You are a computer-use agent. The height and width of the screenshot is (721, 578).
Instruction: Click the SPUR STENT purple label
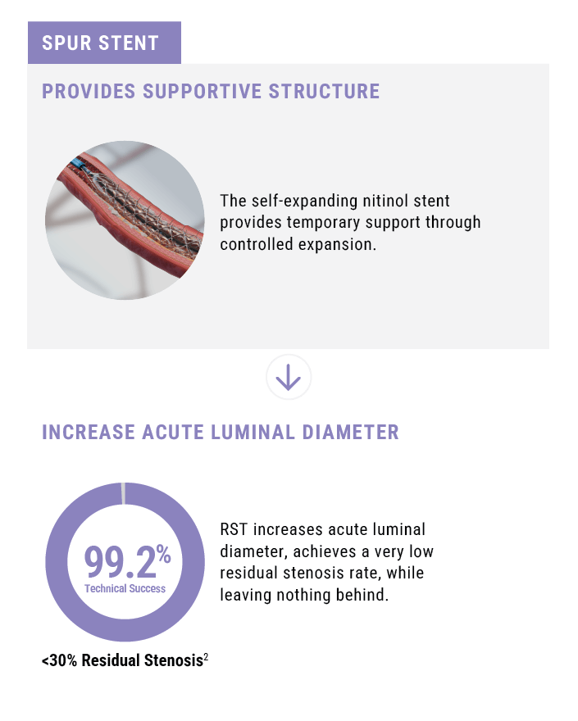104,43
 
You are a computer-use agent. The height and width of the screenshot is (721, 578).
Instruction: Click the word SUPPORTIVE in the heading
202,91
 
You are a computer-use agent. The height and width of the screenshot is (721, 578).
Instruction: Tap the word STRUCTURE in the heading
324,91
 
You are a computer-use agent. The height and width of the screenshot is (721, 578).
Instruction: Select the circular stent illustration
125,220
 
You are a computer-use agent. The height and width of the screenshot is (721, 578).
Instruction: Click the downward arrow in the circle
289,377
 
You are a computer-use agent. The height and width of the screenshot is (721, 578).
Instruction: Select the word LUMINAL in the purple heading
253,433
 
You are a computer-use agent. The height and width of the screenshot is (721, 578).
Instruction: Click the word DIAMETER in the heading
350,433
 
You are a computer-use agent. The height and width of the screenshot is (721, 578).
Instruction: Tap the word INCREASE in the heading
89,433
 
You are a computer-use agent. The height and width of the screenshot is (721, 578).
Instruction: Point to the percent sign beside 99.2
163,554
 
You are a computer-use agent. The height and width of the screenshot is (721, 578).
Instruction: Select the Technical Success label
125,588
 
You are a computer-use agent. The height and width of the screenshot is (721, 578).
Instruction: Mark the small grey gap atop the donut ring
123,493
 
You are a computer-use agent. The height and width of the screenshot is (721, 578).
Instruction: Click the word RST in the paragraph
234,529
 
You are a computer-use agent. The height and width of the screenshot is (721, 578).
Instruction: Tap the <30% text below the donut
59,660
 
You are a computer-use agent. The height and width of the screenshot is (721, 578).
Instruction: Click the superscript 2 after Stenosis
206,656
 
